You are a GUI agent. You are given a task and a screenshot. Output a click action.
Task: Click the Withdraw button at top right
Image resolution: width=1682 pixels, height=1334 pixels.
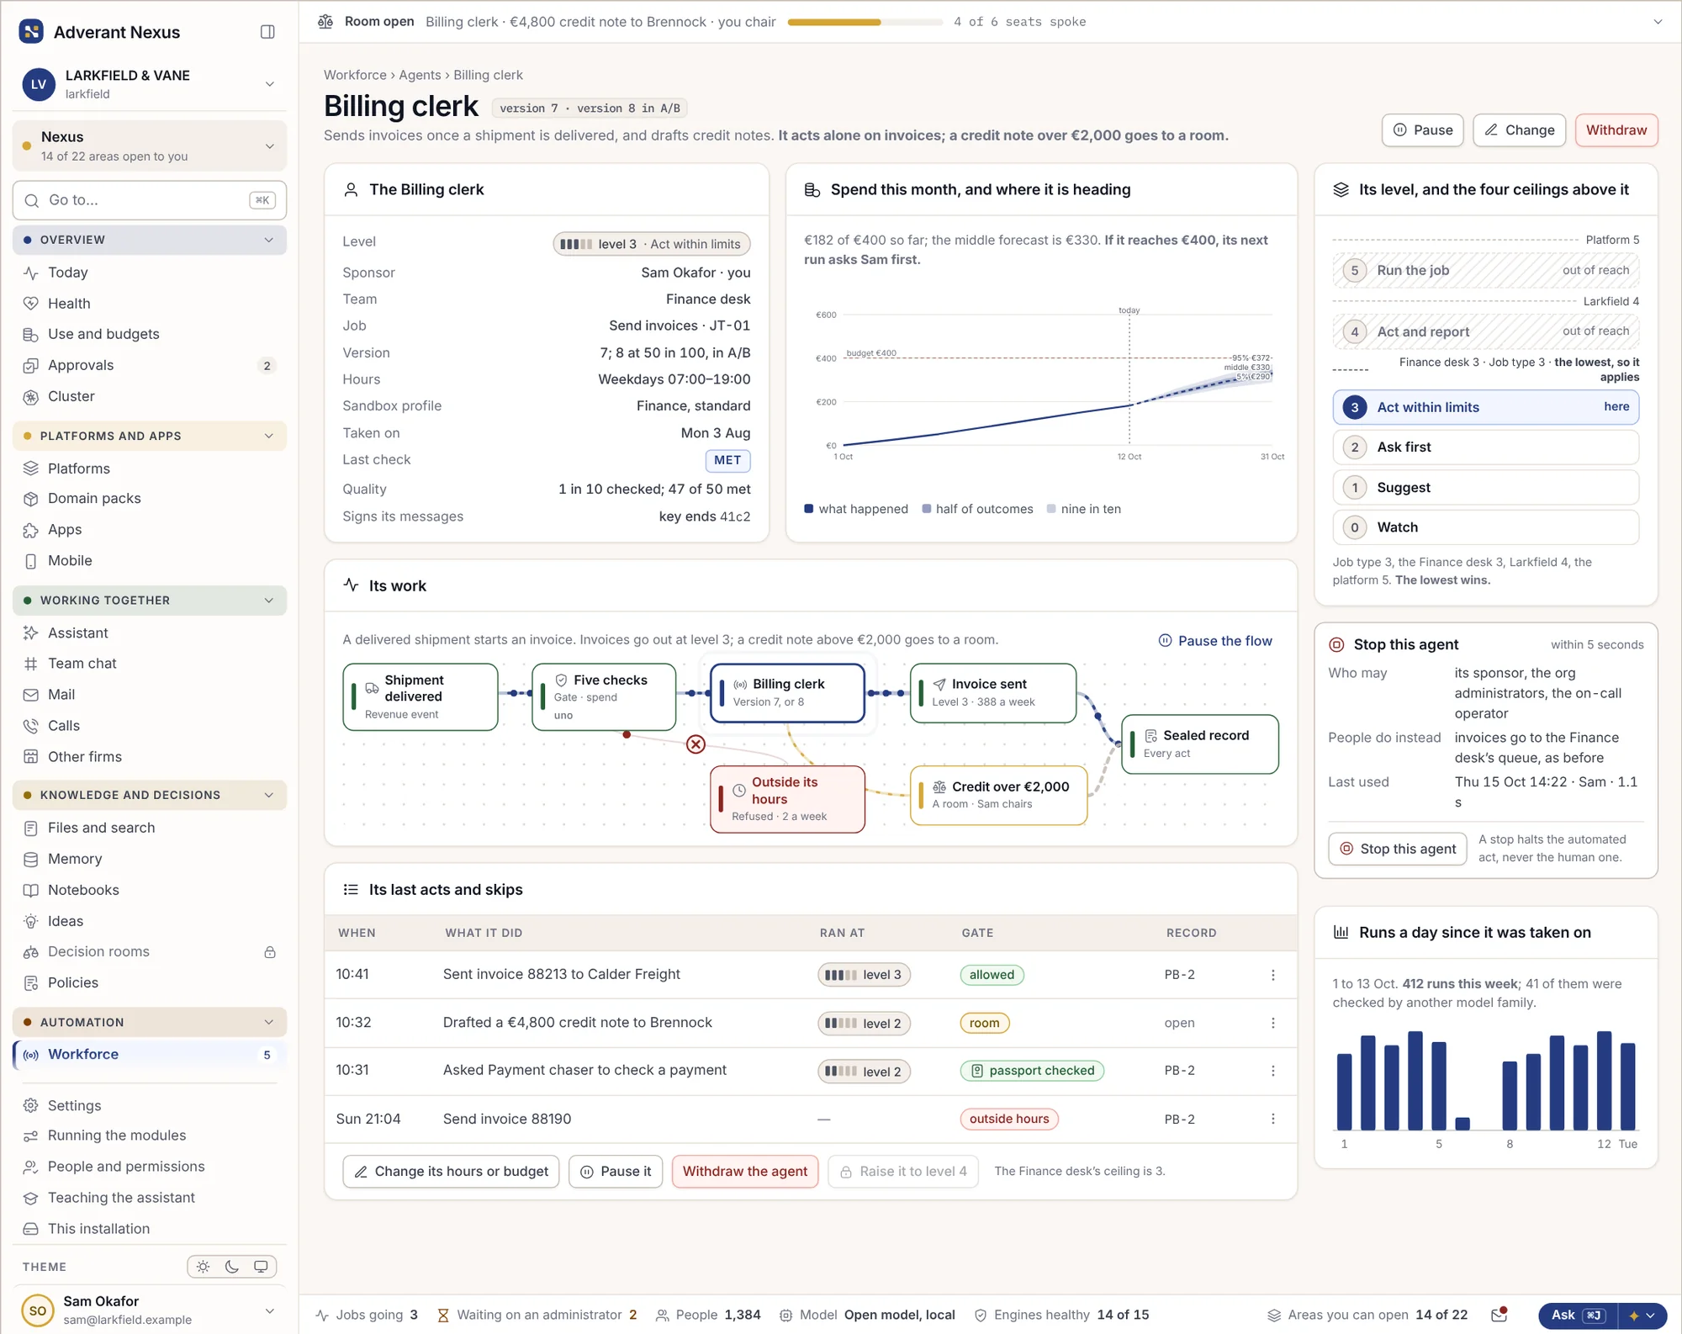[1616, 130]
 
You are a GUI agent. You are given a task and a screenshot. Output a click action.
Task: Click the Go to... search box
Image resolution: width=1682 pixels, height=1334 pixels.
[150, 200]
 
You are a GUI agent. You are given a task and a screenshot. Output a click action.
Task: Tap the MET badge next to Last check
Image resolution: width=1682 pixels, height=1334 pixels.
[727, 460]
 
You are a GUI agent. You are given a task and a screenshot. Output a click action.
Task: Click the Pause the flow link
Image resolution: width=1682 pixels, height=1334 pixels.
[1215, 641]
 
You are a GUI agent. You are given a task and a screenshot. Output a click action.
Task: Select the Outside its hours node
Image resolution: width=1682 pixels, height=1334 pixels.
[787, 799]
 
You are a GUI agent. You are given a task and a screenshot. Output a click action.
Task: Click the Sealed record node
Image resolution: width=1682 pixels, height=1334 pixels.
[1200, 744]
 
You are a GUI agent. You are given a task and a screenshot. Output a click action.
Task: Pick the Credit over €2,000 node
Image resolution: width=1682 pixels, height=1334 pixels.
[999, 795]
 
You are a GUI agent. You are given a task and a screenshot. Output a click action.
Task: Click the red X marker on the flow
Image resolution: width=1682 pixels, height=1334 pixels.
[696, 744]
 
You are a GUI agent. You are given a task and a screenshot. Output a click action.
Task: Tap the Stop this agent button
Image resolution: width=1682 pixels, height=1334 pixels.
[1398, 849]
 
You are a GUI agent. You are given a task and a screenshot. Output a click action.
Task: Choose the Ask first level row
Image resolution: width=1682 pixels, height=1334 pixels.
[1485, 447]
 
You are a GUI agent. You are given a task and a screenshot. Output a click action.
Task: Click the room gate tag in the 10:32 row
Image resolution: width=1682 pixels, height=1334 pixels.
[984, 1023]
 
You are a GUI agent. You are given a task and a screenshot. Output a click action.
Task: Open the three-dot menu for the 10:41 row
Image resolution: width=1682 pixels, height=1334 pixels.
[1272, 975]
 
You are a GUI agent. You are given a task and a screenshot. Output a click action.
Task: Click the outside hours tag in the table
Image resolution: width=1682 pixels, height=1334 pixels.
[1009, 1119]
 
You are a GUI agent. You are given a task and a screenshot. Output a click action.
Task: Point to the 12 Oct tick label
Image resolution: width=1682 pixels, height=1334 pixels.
[1129, 457]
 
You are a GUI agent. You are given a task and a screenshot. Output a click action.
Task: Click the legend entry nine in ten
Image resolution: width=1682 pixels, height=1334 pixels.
[1084, 509]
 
